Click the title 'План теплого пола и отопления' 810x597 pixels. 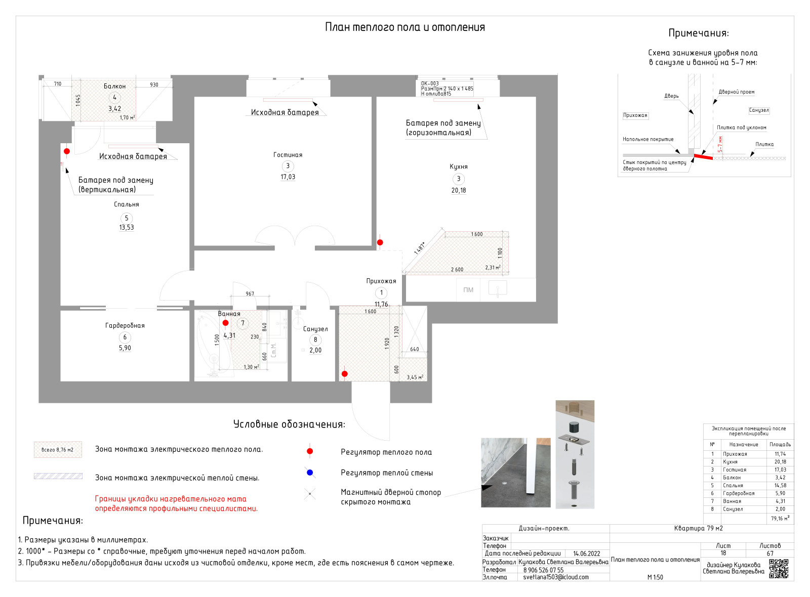point(404,27)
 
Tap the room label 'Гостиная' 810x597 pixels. point(288,155)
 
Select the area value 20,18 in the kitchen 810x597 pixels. point(459,191)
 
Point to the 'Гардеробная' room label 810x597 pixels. point(125,325)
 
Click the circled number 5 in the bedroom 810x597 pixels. point(127,218)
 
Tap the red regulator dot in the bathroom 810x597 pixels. point(226,323)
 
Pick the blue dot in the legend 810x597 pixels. point(310,473)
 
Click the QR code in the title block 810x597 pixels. point(779,569)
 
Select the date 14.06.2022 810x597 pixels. point(587,553)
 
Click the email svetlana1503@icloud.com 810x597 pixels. point(556,577)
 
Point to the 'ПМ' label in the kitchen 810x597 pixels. point(468,290)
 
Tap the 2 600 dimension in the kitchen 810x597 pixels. point(457,270)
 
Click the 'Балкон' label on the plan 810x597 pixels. point(115,86)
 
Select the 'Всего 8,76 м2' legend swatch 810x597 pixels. point(58,449)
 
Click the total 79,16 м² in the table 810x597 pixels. point(780,519)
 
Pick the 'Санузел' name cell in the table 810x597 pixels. point(733,509)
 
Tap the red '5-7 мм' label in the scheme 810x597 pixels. point(720,144)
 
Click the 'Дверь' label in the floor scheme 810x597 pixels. point(671,96)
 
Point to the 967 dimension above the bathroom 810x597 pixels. point(250,293)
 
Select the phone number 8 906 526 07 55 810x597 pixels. point(543,570)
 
